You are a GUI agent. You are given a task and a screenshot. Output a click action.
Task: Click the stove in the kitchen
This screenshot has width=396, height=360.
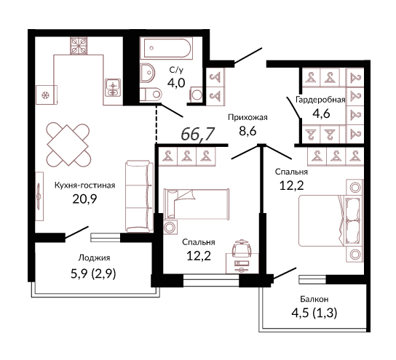79,46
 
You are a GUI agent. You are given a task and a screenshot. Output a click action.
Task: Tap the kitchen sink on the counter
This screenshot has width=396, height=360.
113,87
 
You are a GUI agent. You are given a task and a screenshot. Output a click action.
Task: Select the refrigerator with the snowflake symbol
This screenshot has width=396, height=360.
46,95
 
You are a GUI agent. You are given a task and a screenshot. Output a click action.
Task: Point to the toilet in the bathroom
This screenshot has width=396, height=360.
151,95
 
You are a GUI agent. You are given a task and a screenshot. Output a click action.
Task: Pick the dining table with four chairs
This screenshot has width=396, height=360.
68,145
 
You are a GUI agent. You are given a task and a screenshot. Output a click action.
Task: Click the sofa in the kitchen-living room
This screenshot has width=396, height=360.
140,196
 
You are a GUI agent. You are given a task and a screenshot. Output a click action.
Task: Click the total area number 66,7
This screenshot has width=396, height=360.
198,134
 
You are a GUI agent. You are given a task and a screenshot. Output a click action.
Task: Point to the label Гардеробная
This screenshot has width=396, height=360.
320,100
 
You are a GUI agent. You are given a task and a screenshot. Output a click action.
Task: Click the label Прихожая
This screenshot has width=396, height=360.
247,118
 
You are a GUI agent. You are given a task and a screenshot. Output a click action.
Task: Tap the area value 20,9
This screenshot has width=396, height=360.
84,199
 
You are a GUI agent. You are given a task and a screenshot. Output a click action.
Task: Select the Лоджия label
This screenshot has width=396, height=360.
94,258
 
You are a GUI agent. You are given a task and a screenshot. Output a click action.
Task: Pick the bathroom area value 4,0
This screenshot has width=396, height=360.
176,82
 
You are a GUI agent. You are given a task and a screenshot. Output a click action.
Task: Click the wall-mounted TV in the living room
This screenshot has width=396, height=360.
39,196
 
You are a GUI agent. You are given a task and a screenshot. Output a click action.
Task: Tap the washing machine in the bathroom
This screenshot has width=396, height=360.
196,95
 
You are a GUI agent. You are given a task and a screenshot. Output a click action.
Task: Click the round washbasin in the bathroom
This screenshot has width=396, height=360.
147,73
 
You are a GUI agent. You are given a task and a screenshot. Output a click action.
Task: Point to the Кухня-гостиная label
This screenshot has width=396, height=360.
85,185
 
